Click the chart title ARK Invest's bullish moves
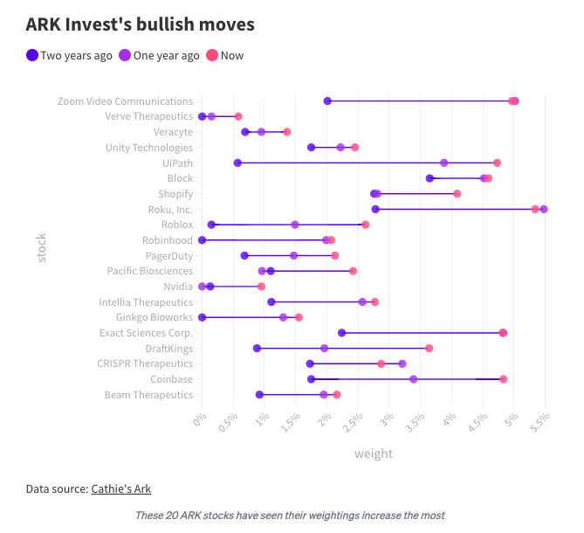point(141,24)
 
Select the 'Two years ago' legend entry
point(70,55)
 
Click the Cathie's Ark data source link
point(127,488)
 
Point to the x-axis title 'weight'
point(373,453)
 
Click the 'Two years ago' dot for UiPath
point(237,163)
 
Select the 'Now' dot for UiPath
point(497,163)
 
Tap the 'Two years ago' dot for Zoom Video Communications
point(327,101)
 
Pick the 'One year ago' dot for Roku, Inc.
point(544,209)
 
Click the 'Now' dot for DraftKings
point(429,348)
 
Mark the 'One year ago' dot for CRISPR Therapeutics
point(402,363)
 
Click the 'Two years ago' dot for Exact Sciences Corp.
point(341,333)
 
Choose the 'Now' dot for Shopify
point(457,194)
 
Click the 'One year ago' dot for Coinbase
point(413,379)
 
